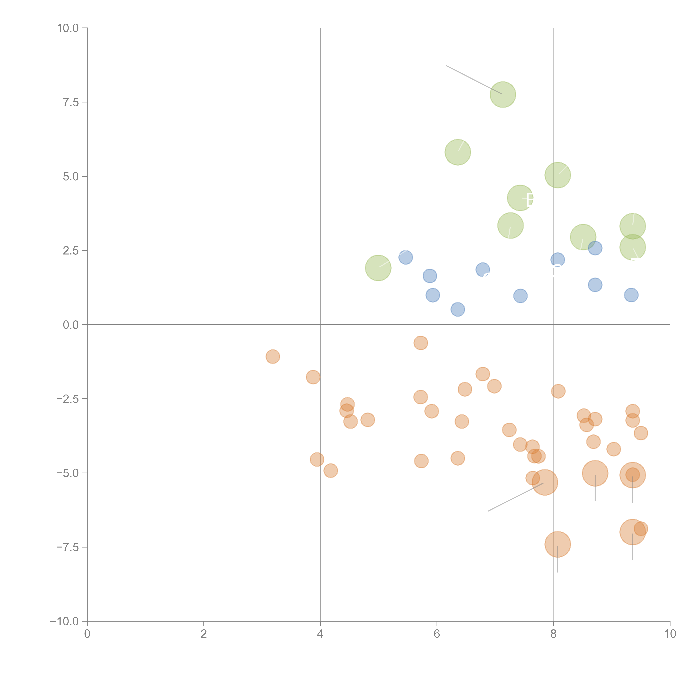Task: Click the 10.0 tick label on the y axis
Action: pyautogui.click(x=68, y=28)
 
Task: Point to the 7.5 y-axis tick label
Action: pyautogui.click(x=71, y=102)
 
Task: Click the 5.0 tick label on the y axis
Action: pyautogui.click(x=71, y=177)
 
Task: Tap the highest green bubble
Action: pyautogui.click(x=503, y=95)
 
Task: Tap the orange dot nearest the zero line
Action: pyautogui.click(x=420, y=343)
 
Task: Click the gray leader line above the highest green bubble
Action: pyautogui.click(x=473, y=79)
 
